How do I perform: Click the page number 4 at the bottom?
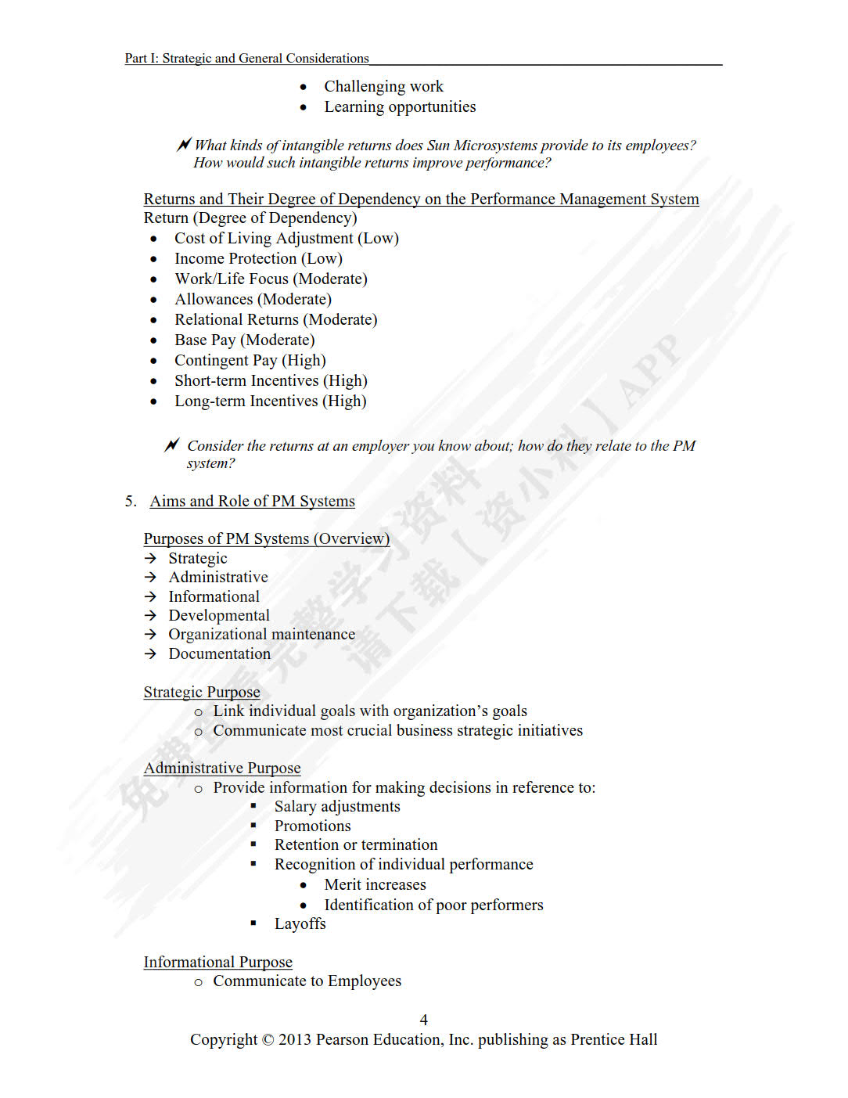coord(423,1020)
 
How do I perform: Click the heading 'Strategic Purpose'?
coord(202,692)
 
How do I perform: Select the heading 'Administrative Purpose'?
coord(222,768)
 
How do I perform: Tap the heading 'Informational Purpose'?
coord(217,962)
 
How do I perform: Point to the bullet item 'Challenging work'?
coord(383,86)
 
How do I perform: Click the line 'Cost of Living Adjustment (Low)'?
coord(286,238)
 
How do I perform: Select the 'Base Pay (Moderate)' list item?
coord(244,340)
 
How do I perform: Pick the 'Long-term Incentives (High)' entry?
coord(270,401)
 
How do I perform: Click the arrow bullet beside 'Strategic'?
coord(150,558)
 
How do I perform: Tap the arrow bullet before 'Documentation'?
coord(150,653)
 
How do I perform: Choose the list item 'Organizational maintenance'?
coord(261,634)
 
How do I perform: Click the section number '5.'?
coord(131,501)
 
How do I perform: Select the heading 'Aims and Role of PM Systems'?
coord(252,501)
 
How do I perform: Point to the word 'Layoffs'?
coord(300,923)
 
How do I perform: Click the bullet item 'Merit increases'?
coord(375,884)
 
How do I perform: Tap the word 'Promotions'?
coord(312,826)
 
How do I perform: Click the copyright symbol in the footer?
coord(268,1040)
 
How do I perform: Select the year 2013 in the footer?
coord(295,1040)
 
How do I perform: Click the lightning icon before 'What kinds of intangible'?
coord(184,145)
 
